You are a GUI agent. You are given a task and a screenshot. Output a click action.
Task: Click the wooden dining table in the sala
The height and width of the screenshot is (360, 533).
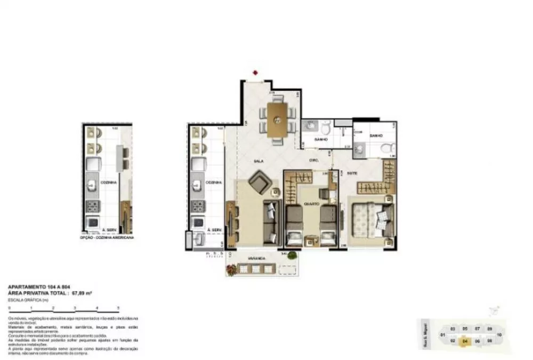[x=277, y=120]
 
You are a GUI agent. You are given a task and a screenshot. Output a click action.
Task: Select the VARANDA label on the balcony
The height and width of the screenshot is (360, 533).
[x=257, y=258]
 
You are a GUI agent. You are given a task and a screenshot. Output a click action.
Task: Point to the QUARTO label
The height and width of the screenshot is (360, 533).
[x=311, y=203]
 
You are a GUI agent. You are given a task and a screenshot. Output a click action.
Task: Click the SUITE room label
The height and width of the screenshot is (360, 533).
[x=353, y=173]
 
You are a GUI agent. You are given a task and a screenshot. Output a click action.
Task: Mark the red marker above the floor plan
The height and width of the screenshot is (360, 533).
[x=256, y=73]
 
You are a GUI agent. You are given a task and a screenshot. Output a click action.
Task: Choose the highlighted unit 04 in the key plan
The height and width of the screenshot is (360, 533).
[x=465, y=340]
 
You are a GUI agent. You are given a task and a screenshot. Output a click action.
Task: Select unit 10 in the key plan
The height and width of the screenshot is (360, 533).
[x=499, y=335]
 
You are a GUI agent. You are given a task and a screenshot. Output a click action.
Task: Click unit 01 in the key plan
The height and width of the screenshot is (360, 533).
[x=442, y=335]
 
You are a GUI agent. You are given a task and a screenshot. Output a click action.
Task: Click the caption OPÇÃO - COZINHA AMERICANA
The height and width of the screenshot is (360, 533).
[x=107, y=237]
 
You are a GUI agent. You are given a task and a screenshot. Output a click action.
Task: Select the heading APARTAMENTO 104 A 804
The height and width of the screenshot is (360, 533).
[x=31, y=287]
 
